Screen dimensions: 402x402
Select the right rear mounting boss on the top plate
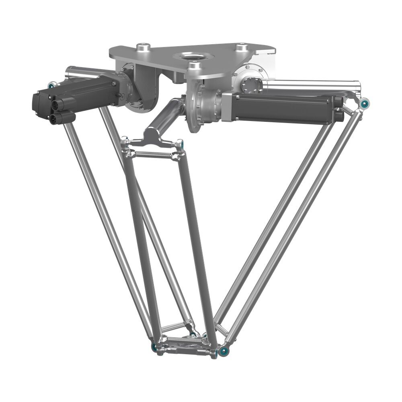(x=241, y=47)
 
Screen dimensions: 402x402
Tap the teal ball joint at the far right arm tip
(x=365, y=104)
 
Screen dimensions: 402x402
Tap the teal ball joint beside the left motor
(x=51, y=85)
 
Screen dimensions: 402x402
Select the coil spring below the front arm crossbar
(x=153, y=154)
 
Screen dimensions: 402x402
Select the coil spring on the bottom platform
(x=185, y=340)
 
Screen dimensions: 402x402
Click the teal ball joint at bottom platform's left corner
(x=154, y=347)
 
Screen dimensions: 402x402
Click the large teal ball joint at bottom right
(x=223, y=352)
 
